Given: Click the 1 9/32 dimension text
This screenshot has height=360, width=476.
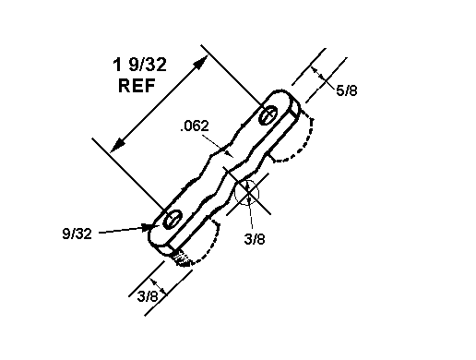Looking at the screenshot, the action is pos(139,65).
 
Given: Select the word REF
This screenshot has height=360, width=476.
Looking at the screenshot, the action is pos(137,86).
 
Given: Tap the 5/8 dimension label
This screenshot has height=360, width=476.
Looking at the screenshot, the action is pos(347,90).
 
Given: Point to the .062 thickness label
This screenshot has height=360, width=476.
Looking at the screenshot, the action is pos(195,126).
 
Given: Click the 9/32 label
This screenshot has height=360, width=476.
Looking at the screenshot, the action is pos(77,234).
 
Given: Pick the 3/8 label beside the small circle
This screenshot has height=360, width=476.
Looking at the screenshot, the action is pos(255,239).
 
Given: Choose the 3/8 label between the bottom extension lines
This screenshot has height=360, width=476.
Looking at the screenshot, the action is pos(148,296).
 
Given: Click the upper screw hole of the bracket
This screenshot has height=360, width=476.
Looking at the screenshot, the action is pos(268,115).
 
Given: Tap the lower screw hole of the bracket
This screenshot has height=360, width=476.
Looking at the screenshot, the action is pos(173,219).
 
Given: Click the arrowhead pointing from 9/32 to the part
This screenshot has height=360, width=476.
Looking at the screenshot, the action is pos(148,227).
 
